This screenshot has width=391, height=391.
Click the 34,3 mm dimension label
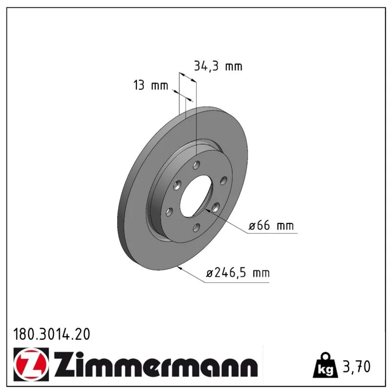pyautogui.click(x=218, y=66)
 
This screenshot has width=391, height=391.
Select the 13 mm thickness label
pyautogui.click(x=151, y=85)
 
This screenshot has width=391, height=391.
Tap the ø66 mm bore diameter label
pyautogui.click(x=271, y=225)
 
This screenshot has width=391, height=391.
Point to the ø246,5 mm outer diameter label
pyautogui.click(x=238, y=273)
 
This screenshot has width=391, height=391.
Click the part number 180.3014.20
pyautogui.click(x=52, y=334)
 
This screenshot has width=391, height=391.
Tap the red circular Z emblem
pyautogui.click(x=31, y=365)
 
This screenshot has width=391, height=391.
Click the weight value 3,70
pyautogui.click(x=357, y=367)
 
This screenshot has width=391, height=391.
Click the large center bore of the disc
pyautogui.click(x=196, y=196)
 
